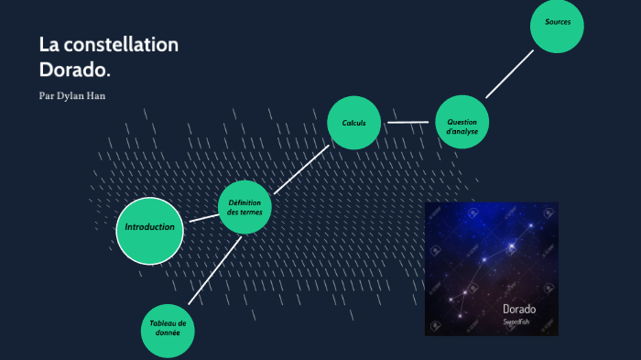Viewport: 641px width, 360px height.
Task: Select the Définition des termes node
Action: tap(244, 208)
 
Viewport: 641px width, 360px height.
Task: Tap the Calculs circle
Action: tap(354, 123)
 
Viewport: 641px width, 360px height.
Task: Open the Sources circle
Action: tap(558, 23)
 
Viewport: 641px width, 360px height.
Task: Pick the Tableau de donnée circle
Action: tap(168, 329)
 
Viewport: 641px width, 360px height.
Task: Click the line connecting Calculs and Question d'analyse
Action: tap(407, 122)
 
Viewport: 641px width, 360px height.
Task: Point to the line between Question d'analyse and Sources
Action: tap(509, 74)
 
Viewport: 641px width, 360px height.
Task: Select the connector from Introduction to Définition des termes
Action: tap(201, 219)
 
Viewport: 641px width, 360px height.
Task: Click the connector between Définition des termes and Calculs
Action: tap(301, 168)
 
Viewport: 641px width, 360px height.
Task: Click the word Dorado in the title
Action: tap(75, 70)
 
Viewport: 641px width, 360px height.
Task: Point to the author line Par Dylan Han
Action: tap(72, 96)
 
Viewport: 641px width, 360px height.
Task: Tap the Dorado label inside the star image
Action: tap(518, 310)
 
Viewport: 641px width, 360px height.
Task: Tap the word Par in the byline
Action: tap(48, 96)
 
